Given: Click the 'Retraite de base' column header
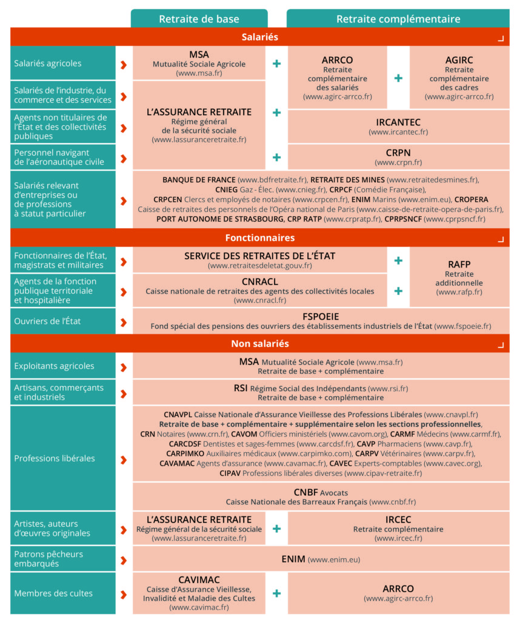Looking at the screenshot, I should point(199,19).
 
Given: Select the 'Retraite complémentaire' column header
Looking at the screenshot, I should point(398,19).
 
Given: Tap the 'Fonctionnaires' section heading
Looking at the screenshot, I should point(259,237).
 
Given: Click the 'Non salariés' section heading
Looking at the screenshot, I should point(259,344).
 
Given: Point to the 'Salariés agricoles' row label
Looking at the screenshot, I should point(48,63).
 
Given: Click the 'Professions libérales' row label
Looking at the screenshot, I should point(55,458).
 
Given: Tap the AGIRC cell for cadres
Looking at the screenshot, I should point(459,78).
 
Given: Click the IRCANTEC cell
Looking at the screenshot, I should point(398,127).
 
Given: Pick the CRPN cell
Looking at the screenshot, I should point(398,157).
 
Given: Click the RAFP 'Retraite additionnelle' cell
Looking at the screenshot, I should point(459,277).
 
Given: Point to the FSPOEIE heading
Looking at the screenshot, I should point(321,316).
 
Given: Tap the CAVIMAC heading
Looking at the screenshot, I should point(199,579).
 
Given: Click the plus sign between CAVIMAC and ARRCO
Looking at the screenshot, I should point(276,593).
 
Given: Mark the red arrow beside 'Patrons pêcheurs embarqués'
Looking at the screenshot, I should point(124,559).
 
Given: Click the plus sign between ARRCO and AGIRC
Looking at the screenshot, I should point(398,78).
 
